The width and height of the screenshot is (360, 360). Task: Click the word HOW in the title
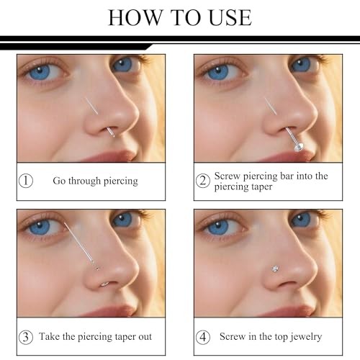coord(135,17)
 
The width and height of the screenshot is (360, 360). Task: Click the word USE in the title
coord(230,17)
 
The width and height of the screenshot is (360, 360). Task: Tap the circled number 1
coord(26,181)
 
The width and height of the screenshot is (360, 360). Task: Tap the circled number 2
coord(203,181)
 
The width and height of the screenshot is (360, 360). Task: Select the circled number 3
coord(26,337)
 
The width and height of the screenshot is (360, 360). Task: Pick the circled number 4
coord(203,337)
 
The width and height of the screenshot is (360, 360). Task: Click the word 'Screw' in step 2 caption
coord(227,176)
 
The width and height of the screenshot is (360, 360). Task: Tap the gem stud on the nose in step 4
coord(275,269)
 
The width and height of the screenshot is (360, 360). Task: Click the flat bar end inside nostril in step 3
coord(105,284)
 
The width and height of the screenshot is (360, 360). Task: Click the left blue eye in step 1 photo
coord(40,71)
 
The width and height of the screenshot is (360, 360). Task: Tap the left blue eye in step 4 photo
coord(217,227)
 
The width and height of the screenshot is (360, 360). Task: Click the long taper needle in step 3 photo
coord(78,243)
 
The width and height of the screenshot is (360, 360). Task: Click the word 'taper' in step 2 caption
coord(263,187)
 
